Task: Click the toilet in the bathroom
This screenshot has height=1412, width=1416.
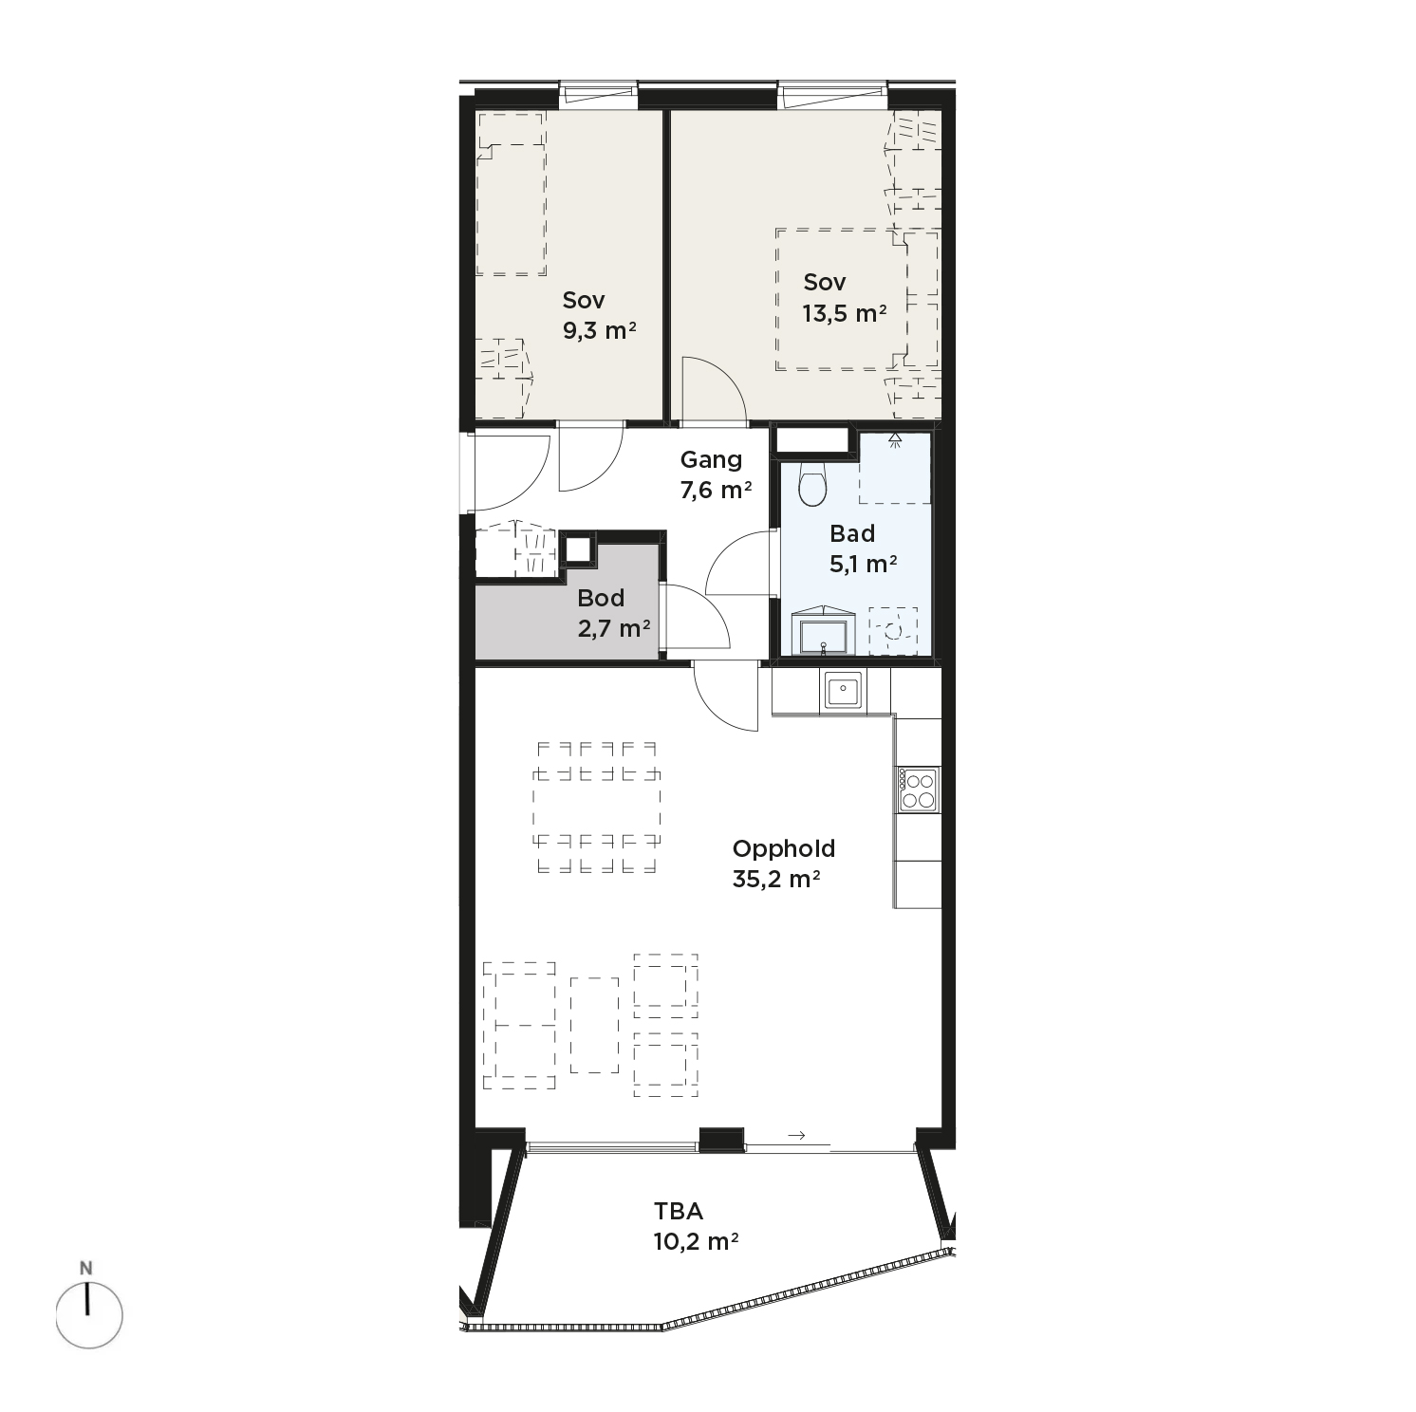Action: click(x=813, y=484)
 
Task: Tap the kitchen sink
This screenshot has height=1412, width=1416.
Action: click(x=842, y=690)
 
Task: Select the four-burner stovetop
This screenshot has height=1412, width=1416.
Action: click(x=918, y=790)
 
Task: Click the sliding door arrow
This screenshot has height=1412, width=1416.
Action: click(x=796, y=1135)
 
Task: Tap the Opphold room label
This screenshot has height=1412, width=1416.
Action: click(x=784, y=848)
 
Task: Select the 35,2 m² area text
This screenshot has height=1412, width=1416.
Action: click(x=776, y=879)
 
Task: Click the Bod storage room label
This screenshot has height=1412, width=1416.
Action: click(x=601, y=598)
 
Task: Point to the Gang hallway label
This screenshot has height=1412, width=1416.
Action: click(x=711, y=460)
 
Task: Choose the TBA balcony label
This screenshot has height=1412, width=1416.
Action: click(x=679, y=1211)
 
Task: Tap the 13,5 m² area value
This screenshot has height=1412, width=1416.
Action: click(x=845, y=313)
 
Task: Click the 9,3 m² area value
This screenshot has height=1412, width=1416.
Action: click(x=599, y=330)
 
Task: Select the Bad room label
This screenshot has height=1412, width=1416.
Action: click(x=852, y=533)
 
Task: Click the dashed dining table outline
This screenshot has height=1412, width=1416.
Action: click(x=597, y=806)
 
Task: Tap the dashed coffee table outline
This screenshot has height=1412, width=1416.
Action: click(x=594, y=1025)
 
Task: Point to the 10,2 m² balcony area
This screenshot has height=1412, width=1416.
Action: click(x=697, y=1241)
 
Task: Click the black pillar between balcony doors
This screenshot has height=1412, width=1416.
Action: click(x=721, y=1140)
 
